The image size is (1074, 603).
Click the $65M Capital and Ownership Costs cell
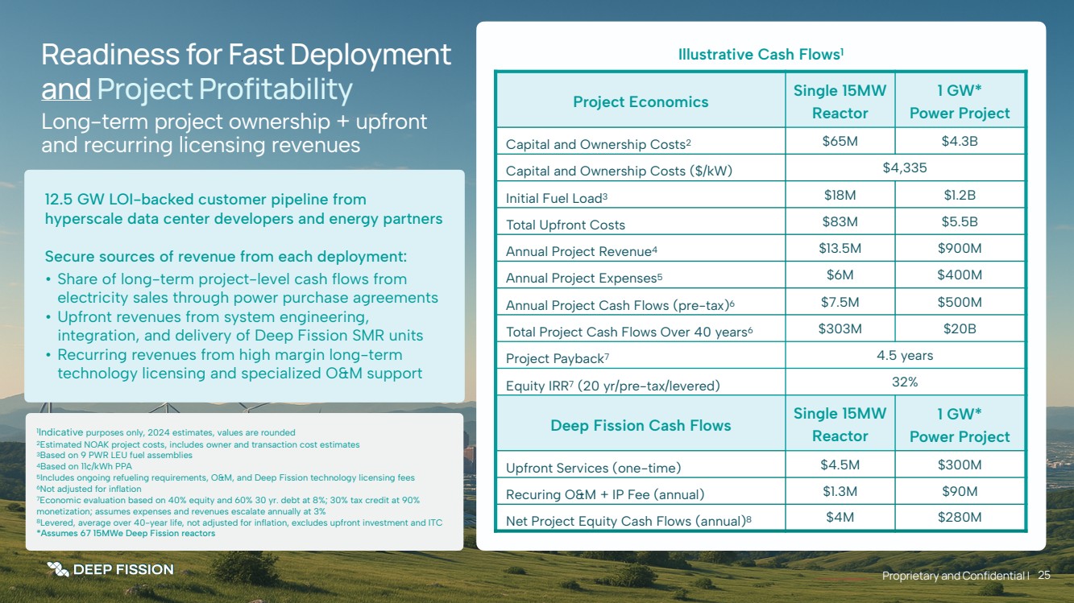840,142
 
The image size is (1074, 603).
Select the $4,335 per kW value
904,168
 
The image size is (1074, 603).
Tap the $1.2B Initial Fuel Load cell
960,195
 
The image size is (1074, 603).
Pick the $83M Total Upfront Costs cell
840,221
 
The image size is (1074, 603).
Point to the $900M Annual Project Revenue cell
960,248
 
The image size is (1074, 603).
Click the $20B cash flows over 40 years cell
960,328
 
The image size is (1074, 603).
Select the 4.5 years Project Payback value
905,355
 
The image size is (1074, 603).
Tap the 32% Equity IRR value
905,382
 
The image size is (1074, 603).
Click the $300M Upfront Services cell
960,465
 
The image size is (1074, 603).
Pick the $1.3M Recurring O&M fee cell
840,491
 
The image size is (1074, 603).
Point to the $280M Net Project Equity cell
960,517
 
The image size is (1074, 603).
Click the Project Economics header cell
641,101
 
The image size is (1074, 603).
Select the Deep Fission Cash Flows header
641,425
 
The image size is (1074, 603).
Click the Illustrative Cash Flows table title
761,55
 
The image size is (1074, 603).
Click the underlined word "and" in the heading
66,89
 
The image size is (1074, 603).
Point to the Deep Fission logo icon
57,569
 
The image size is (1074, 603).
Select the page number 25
1044,575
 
